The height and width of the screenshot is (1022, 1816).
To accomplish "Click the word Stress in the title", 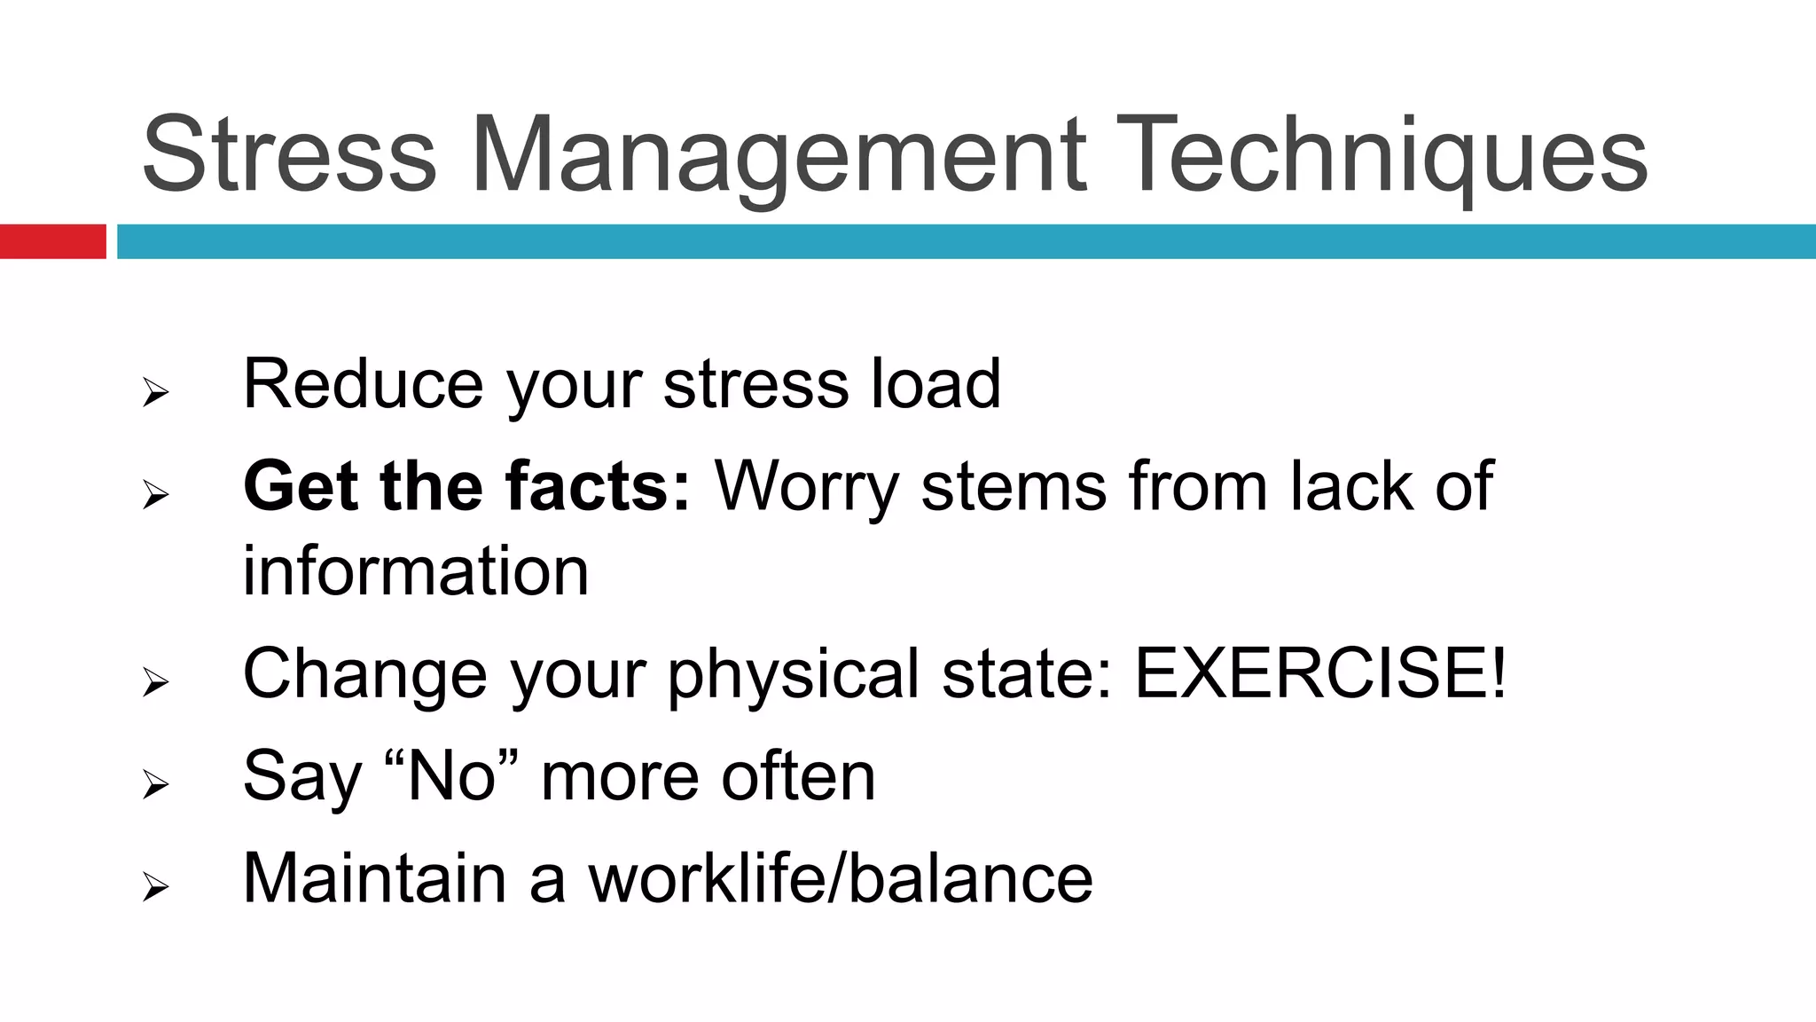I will pos(289,155).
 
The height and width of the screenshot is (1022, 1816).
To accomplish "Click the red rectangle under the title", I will pos(52,241).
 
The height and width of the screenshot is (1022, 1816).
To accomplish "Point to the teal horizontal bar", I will pos(967,241).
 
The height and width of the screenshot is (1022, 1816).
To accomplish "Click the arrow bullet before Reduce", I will pos(155,391).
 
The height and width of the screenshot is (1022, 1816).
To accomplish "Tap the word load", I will pos(935,384).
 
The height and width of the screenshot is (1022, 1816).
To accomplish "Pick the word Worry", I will pos(807,486).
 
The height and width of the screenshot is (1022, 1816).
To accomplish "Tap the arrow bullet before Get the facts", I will pos(155,493).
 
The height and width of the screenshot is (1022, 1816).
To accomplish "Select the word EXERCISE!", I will pos(1320,673).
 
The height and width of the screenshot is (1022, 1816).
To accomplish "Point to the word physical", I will pos(794,673).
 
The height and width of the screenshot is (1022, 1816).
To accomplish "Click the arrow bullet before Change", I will pos(155,681).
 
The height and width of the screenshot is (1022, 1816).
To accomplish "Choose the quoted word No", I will pos(451,776).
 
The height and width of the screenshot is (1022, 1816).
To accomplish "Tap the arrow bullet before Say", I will pos(155,783).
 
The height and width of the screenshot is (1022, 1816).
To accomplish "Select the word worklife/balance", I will pos(841,878).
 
